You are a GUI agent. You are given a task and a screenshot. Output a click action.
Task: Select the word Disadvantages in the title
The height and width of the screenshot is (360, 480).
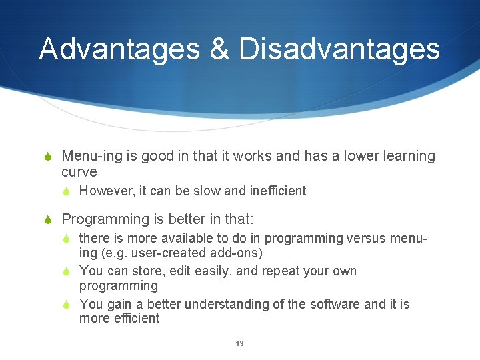pyautogui.click(x=339, y=49)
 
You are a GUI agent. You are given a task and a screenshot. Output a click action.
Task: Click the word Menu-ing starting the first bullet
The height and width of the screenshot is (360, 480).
pyautogui.click(x=92, y=157)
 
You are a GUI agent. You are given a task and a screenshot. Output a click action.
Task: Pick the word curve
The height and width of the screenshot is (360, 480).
pyautogui.click(x=79, y=172)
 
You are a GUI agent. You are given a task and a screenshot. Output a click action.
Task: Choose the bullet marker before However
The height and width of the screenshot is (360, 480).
pyautogui.click(x=67, y=191)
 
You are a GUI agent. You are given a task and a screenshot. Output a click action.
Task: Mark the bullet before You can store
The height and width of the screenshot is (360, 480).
pyautogui.click(x=67, y=271)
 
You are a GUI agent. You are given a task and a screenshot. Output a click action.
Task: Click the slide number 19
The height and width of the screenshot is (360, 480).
pyautogui.click(x=239, y=343)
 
